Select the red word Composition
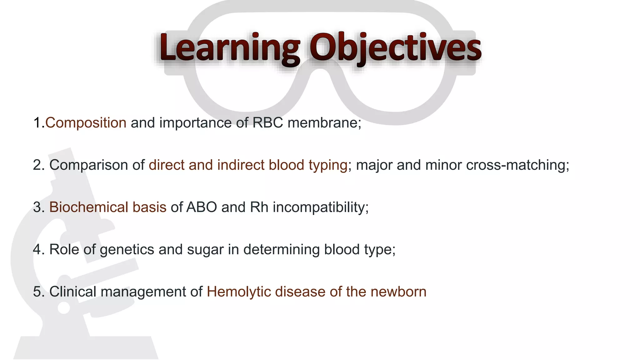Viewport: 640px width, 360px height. coord(86,123)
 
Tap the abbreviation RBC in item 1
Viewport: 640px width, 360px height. coord(267,123)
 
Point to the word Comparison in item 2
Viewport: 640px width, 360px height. coord(88,165)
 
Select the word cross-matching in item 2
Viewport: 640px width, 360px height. coord(517,165)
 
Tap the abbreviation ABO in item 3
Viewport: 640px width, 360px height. coord(202,207)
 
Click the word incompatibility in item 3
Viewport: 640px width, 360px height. coord(321,207)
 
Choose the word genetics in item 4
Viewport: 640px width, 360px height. coord(127,250)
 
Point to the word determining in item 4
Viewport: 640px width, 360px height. coord(281,250)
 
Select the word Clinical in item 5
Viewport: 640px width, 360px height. coord(72,292)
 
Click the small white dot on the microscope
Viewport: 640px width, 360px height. coord(64,308)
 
